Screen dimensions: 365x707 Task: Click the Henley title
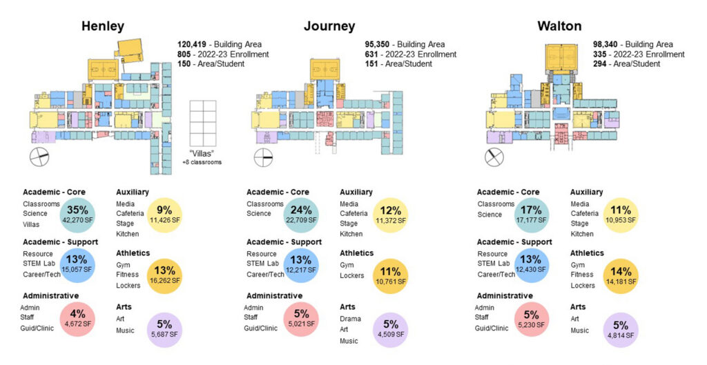(103, 27)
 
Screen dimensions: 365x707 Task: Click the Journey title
(329, 27)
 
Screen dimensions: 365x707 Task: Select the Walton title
(559, 27)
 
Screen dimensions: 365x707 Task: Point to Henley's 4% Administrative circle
(78, 319)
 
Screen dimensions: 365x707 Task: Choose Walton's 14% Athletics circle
(621, 276)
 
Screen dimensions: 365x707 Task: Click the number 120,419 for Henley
(192, 44)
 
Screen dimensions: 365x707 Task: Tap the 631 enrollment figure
(374, 55)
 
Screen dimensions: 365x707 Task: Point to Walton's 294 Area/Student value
(602, 64)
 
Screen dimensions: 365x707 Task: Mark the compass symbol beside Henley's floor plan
(39, 157)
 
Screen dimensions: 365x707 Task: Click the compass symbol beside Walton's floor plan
(494, 157)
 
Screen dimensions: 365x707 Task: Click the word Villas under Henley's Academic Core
(30, 224)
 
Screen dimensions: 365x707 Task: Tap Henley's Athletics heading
(133, 253)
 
